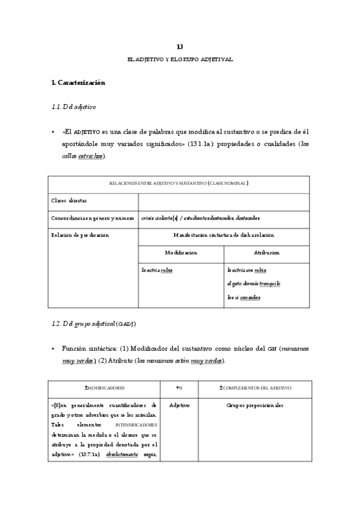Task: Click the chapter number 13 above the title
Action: (180, 46)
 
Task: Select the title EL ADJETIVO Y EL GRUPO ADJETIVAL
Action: (180, 60)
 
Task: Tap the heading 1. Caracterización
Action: (79, 82)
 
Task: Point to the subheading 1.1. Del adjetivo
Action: (75, 106)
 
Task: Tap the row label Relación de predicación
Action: (79, 235)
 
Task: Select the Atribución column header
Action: (267, 253)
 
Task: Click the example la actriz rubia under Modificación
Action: (157, 270)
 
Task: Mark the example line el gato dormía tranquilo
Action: (254, 283)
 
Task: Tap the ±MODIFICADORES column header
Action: (105, 389)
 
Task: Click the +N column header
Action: (179, 389)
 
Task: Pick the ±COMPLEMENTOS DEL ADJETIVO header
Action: (255, 389)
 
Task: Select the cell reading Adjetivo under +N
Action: (179, 406)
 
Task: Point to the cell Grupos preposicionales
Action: (255, 406)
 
